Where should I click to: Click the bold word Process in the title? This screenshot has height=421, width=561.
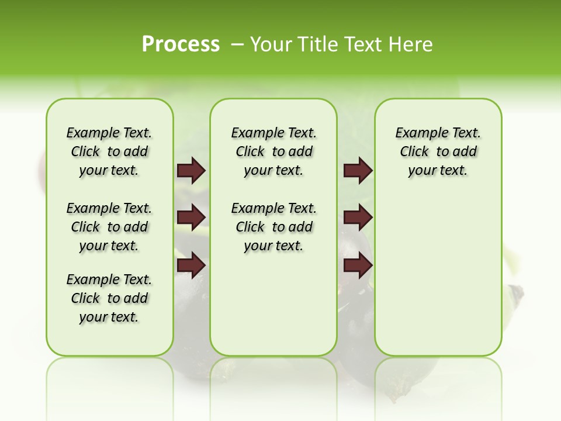(x=181, y=44)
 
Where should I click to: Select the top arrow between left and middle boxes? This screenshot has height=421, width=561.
(x=191, y=171)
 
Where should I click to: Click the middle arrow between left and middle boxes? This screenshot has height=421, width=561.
(x=191, y=218)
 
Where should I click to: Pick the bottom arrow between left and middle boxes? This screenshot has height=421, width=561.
(x=191, y=265)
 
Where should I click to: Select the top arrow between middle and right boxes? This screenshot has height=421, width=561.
(x=358, y=171)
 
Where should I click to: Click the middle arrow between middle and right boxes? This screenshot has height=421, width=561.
(x=358, y=218)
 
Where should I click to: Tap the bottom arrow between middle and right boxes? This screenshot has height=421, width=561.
(x=358, y=265)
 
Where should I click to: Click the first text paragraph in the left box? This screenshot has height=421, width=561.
(x=109, y=151)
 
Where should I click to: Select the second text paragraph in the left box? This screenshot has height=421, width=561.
(x=109, y=227)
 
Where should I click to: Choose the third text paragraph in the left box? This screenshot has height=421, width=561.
(x=109, y=298)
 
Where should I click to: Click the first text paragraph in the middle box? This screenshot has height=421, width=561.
(x=273, y=151)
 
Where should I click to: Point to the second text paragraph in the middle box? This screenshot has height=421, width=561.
(x=273, y=227)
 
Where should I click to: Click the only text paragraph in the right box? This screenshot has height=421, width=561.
(x=438, y=151)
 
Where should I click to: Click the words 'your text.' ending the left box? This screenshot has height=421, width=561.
(x=109, y=317)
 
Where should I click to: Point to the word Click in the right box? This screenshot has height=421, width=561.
(x=414, y=152)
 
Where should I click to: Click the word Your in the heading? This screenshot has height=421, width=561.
(x=272, y=44)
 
